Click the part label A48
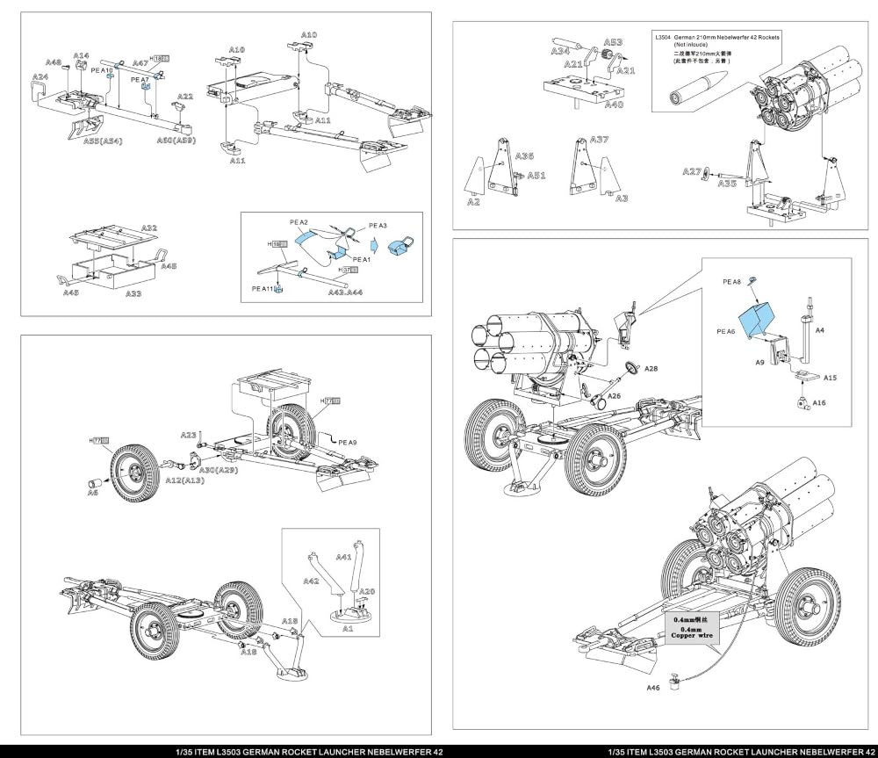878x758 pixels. [54, 63]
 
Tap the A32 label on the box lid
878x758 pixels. [149, 227]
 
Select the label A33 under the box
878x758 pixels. [132, 294]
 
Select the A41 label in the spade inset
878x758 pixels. [343, 557]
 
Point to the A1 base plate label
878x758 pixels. [348, 629]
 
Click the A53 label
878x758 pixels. [613, 42]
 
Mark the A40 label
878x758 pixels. [614, 105]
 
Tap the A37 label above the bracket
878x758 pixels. [599, 140]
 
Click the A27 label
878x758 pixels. [692, 172]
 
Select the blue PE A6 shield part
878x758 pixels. [754, 321]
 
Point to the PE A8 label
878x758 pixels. [732, 282]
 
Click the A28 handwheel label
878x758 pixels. [651, 370]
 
